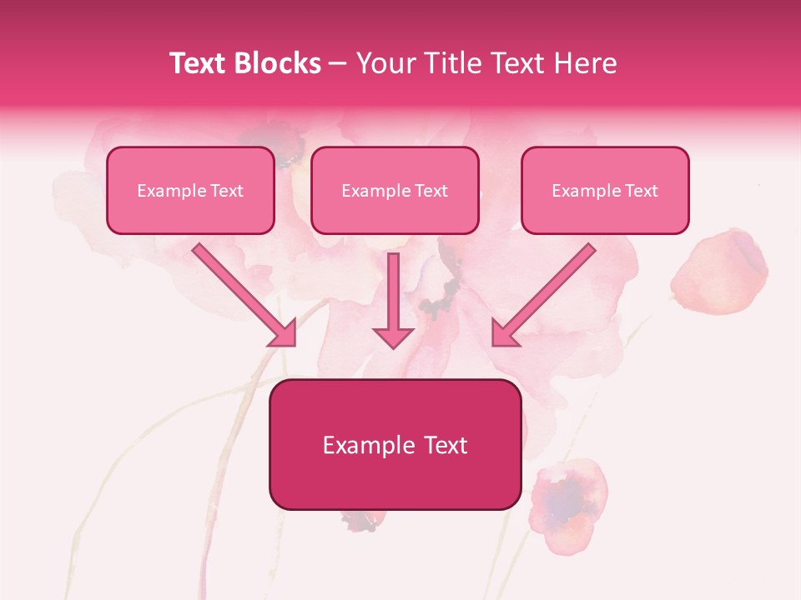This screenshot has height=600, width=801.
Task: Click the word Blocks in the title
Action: (278, 63)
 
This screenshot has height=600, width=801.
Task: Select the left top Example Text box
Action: (190, 190)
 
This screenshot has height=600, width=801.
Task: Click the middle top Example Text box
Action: (395, 190)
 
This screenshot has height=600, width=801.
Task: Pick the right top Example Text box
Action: (605, 190)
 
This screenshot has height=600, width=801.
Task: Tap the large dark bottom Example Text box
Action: (395, 444)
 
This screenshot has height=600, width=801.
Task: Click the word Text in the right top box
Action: (641, 191)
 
